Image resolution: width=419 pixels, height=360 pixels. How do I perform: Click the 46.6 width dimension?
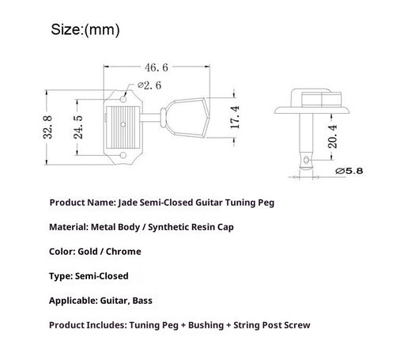coord(157,68)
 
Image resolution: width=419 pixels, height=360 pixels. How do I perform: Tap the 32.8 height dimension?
coord(48,127)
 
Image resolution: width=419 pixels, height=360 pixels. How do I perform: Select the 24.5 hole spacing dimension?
coord(78,127)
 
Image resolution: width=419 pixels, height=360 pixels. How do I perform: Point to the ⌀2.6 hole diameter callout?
coord(149,85)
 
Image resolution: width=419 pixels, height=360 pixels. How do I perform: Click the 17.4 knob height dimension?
coord(235,117)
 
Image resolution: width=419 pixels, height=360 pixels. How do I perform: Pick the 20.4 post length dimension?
coord(333,137)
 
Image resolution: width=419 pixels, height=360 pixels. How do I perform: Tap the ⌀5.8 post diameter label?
coord(349,171)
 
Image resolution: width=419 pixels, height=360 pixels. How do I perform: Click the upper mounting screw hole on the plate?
coord(123,100)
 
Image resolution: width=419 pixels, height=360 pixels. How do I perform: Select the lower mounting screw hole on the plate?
coord(123,155)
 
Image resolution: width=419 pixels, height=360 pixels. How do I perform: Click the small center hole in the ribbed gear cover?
coord(123,124)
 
